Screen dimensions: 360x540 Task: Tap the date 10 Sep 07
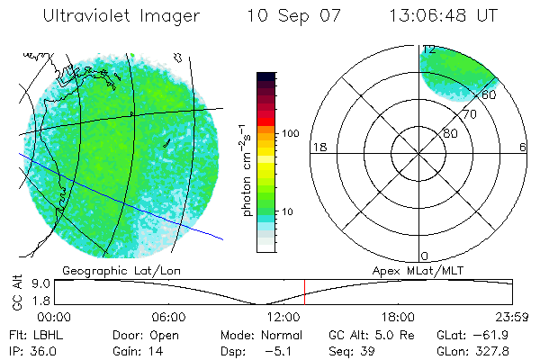coord(290,16)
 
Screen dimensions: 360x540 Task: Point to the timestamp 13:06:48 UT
coord(443,16)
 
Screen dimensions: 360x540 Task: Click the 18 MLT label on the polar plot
coord(318,147)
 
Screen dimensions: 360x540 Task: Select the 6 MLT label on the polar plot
coord(523,147)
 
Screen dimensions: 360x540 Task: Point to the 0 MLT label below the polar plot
coord(426,256)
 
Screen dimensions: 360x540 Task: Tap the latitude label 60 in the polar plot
coord(490,94)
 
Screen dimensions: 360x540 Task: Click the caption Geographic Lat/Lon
coord(110,269)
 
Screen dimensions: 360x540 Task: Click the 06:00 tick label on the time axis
coord(168,317)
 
